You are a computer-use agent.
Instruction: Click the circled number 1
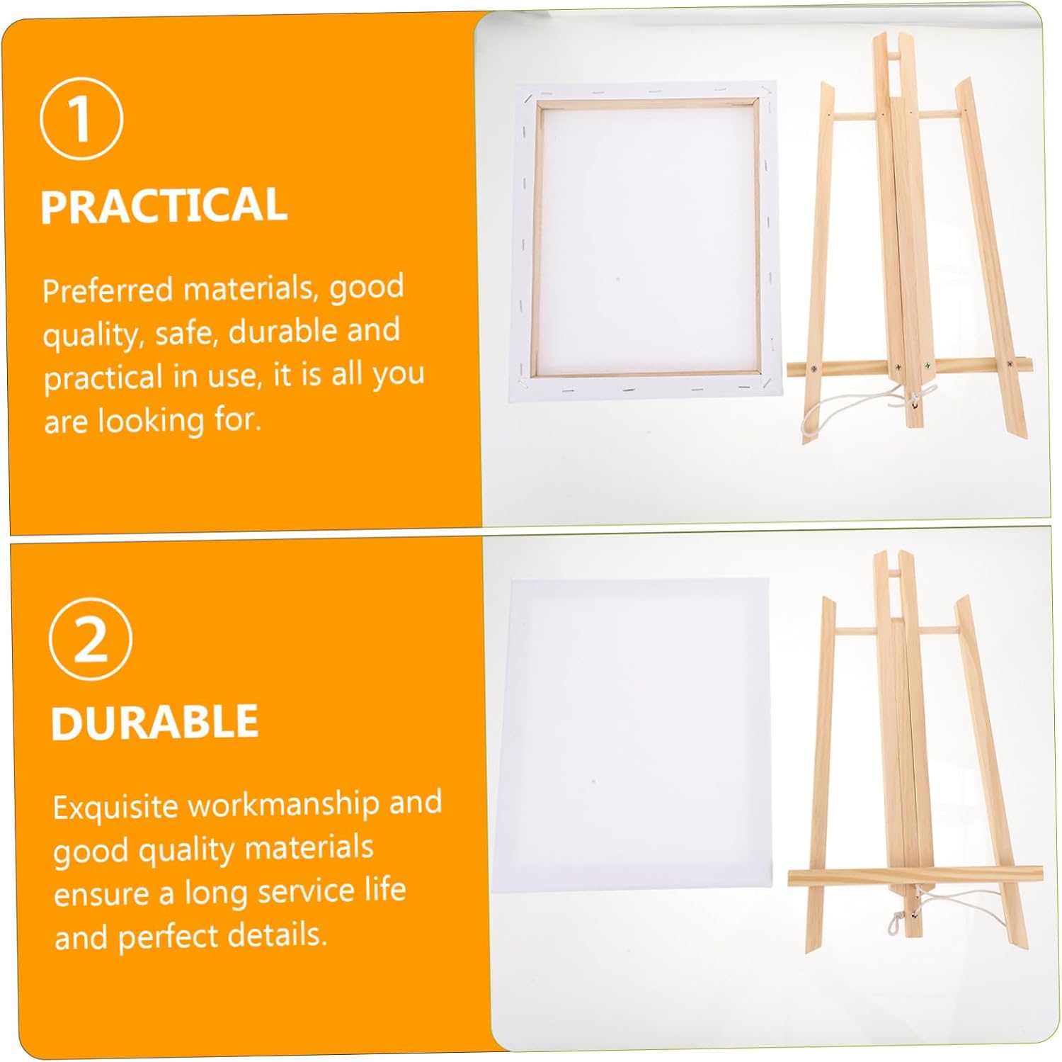coord(81,118)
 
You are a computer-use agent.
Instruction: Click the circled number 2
coord(90,639)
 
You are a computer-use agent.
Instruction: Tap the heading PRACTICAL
coord(164,205)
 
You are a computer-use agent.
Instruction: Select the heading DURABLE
coord(154,722)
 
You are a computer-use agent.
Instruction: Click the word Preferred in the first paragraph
coord(108,290)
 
